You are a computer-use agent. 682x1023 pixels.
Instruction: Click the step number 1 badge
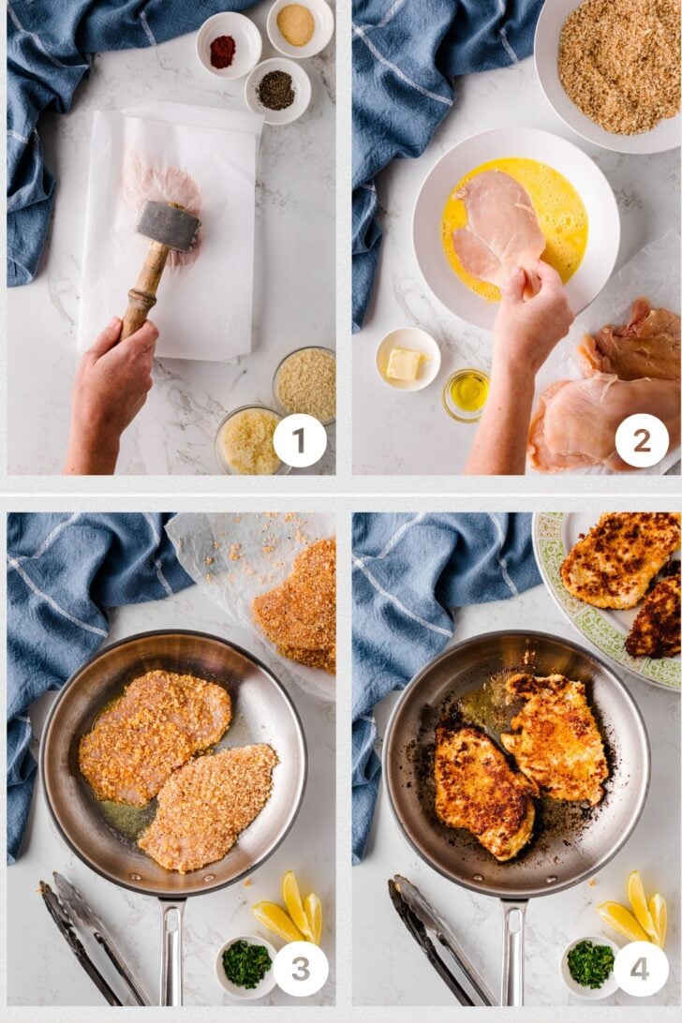pyautogui.click(x=300, y=440)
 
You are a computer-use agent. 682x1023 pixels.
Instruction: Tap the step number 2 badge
pyautogui.click(x=643, y=440)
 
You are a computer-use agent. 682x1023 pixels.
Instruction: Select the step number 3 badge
pyautogui.click(x=300, y=969)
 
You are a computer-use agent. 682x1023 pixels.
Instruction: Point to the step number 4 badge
pyautogui.click(x=641, y=969)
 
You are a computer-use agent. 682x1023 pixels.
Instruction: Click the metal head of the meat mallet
pyautogui.click(x=169, y=227)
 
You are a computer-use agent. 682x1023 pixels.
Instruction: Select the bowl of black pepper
pyautogui.click(x=277, y=91)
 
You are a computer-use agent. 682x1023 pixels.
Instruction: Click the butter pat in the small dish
pyautogui.click(x=404, y=363)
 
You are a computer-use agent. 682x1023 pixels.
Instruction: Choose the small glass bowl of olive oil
pyautogui.click(x=466, y=394)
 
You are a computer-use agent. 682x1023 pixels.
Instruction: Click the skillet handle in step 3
pyautogui.click(x=172, y=949)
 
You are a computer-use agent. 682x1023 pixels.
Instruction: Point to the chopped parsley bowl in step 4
pyautogui.click(x=589, y=966)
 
